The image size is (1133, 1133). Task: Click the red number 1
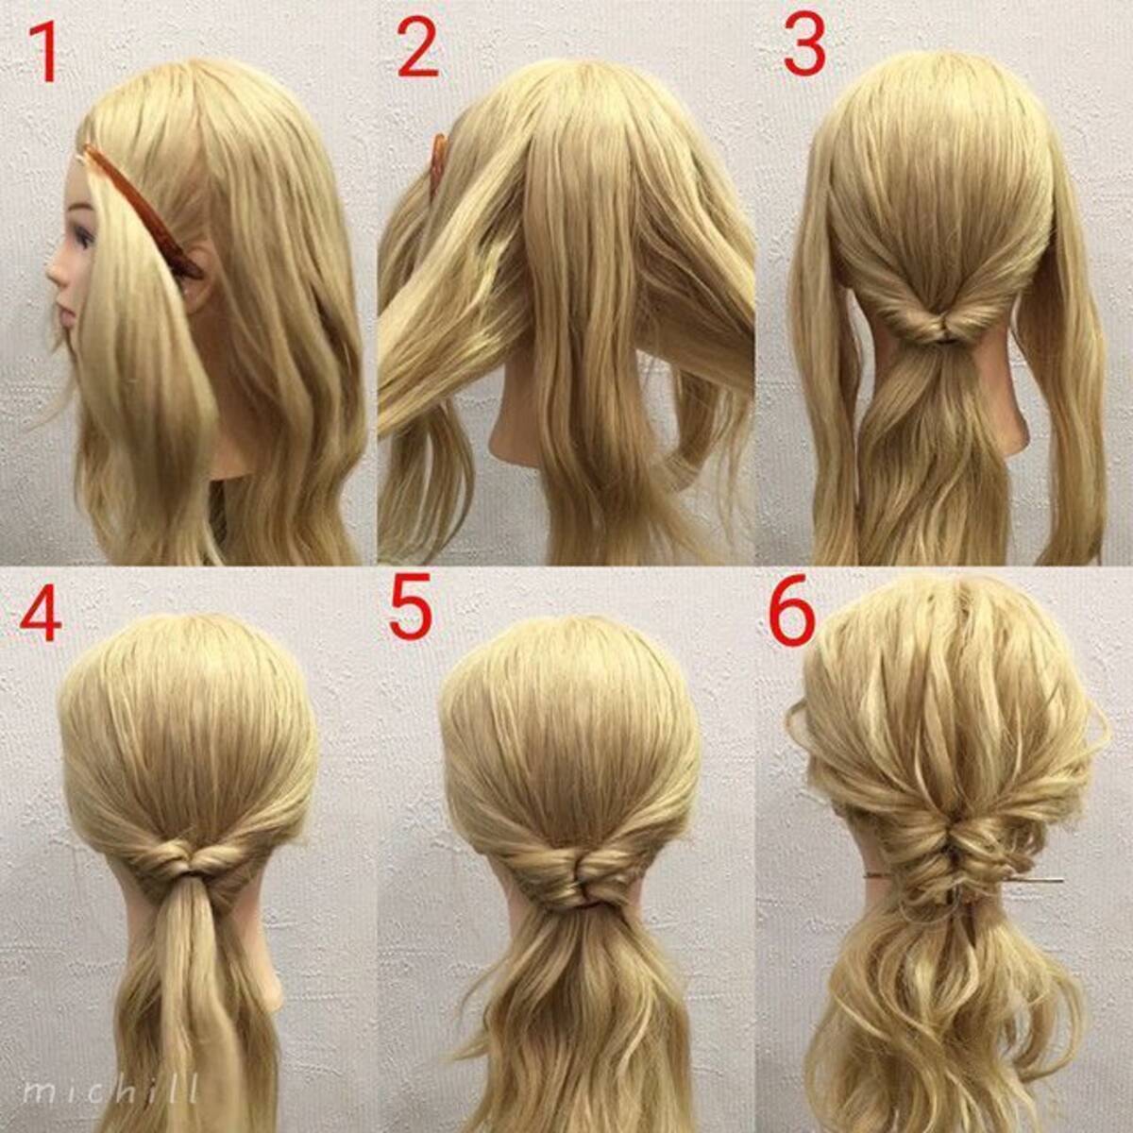coord(44,53)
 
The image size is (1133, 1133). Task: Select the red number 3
coord(805,46)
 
